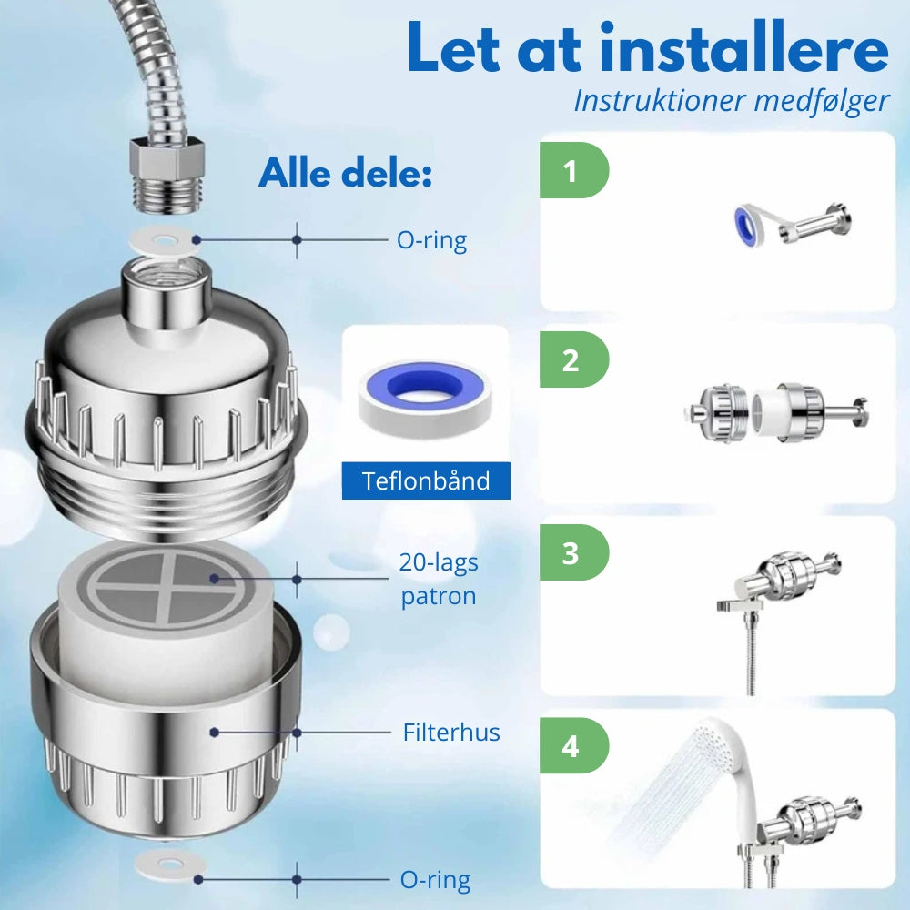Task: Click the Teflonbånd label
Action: tap(426, 480)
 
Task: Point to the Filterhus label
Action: tap(451, 732)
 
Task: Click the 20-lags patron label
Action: tap(439, 580)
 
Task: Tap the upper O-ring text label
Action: tap(431, 240)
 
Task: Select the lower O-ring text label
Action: tap(435, 880)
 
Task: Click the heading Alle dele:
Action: tap(345, 172)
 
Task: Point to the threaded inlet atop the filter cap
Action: tap(165, 282)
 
